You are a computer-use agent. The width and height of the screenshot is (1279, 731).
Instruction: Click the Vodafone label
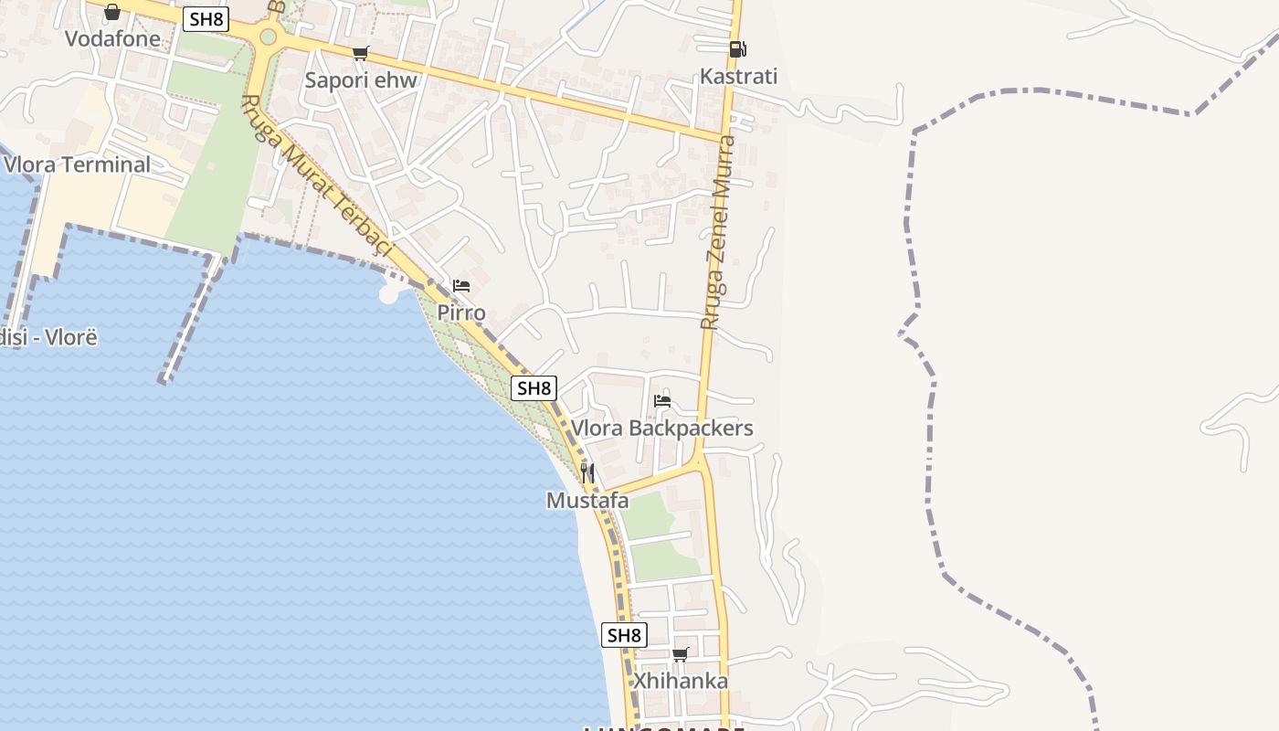112,38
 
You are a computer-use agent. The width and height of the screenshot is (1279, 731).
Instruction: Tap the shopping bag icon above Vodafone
112,12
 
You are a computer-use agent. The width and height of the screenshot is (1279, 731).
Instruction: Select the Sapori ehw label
361,79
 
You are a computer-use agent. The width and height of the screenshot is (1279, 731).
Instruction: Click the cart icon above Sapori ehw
361,53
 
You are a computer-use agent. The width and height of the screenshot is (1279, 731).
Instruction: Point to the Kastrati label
738,76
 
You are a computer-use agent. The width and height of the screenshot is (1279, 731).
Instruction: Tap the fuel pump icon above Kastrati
737,49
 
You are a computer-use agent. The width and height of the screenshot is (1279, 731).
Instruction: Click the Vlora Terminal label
78,164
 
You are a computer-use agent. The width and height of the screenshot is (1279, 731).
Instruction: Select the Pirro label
461,313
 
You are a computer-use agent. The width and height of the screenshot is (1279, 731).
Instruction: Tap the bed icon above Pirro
461,286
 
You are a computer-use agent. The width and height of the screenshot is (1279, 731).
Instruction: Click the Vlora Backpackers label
662,428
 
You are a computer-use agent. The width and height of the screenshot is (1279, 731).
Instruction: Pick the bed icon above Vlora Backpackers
662,401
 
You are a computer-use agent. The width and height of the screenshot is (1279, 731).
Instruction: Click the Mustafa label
587,500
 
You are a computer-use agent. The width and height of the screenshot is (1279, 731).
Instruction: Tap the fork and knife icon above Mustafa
587,473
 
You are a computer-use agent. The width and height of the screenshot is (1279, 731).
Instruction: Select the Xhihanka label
681,681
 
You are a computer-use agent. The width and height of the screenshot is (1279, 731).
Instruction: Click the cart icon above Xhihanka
681,654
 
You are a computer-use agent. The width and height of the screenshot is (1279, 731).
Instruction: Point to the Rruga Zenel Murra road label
718,233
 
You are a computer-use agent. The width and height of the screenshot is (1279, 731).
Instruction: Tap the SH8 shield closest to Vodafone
205,19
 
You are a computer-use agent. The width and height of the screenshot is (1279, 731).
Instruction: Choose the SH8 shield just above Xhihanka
624,635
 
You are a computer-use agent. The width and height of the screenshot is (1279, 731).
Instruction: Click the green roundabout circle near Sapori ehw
268,37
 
